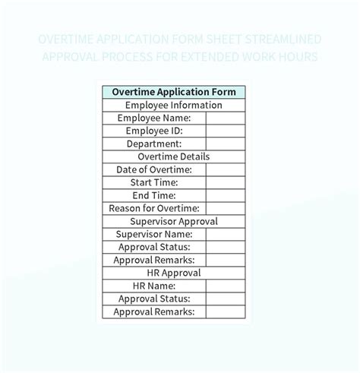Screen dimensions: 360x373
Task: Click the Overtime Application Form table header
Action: point(174,92)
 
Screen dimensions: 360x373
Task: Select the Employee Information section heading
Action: point(174,105)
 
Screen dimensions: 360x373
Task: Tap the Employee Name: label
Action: point(154,118)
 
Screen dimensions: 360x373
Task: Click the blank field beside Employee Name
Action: point(226,118)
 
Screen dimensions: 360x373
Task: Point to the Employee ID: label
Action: point(154,131)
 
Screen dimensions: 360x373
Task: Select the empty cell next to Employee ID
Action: point(226,131)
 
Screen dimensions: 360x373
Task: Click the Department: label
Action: point(154,144)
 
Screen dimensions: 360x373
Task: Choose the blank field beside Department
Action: point(226,144)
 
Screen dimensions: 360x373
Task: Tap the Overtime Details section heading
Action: point(174,156)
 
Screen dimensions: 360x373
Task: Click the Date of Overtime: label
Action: point(154,169)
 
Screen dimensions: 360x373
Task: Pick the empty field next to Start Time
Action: point(226,182)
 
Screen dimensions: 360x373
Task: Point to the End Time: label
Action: point(154,195)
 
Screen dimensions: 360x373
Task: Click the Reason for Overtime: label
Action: point(154,208)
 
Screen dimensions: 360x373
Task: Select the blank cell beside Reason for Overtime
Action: point(226,208)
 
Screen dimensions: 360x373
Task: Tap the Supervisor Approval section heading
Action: point(174,221)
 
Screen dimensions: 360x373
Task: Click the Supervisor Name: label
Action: point(154,234)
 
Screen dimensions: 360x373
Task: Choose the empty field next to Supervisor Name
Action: point(226,234)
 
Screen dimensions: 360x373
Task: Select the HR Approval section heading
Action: point(174,273)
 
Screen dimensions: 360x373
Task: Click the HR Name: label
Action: point(154,286)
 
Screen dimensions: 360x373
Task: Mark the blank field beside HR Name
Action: point(226,286)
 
